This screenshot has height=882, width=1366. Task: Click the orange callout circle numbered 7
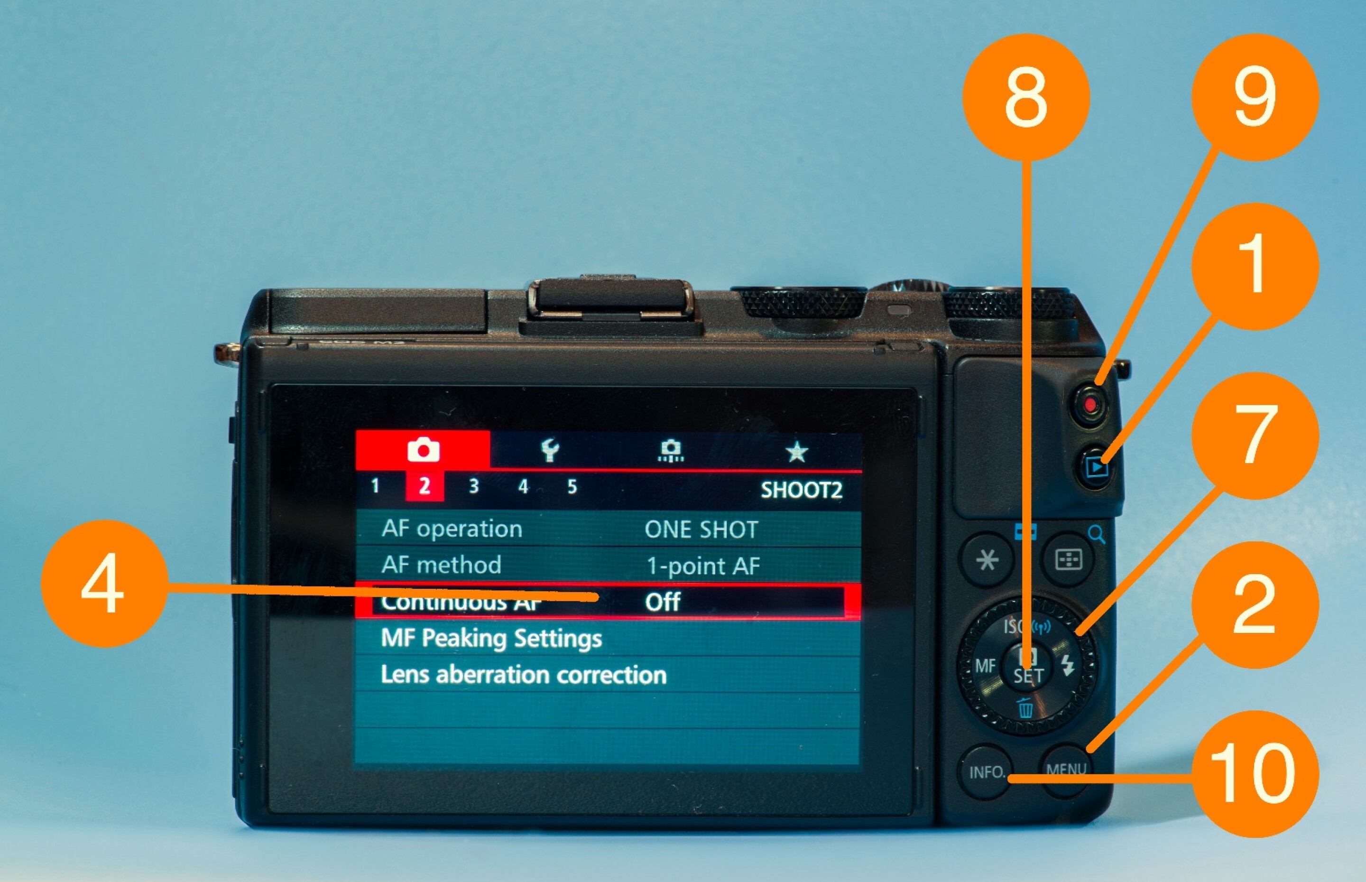[x=1255, y=435]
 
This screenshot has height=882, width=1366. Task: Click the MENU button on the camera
[x=1066, y=769]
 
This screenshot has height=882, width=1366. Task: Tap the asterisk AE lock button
[x=987, y=559]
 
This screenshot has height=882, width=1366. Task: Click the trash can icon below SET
[x=1025, y=708]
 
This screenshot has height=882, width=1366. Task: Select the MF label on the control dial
[x=985, y=666]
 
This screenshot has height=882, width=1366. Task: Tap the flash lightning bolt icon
[x=1068, y=664]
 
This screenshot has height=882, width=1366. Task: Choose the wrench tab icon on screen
[x=550, y=450]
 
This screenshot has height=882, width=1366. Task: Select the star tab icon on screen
[x=796, y=451]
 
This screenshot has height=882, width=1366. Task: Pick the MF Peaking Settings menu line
[x=491, y=638]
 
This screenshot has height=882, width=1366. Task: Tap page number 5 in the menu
[x=572, y=487]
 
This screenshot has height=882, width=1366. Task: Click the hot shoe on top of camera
[x=611, y=306]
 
